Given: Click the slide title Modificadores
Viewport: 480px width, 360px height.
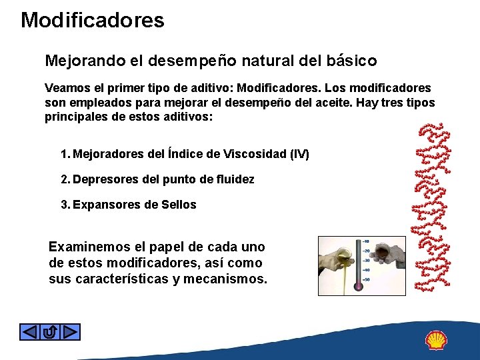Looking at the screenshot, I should pyautogui.click(x=93, y=20).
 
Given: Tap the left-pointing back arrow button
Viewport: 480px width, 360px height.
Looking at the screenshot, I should pyautogui.click(x=29, y=331).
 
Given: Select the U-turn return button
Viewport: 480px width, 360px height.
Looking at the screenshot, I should pyautogui.click(x=50, y=331).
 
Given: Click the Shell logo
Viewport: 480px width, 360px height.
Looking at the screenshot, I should pyautogui.click(x=436, y=340).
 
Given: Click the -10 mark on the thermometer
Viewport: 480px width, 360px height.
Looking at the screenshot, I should pyautogui.click(x=365, y=242).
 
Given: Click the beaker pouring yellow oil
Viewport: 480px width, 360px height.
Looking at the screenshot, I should pyautogui.click(x=333, y=253).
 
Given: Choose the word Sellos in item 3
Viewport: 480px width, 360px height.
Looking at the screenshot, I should pyautogui.click(x=179, y=205).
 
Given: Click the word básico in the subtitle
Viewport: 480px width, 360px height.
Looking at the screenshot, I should pyautogui.click(x=352, y=61).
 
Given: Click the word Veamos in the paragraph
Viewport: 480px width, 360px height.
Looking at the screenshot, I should pyautogui.click(x=65, y=88).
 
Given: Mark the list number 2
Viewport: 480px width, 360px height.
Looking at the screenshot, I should pyautogui.click(x=64, y=179).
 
